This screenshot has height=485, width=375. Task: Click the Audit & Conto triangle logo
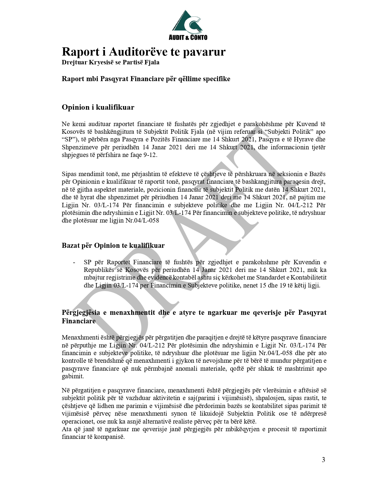[x=187, y=22]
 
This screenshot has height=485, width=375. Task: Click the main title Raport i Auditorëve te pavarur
[x=144, y=52]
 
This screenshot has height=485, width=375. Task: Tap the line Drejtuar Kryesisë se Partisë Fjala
[x=110, y=63]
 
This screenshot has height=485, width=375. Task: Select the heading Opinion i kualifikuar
[x=98, y=107]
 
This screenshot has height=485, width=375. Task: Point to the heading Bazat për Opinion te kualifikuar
[x=113, y=245]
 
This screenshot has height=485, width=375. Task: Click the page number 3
[x=324, y=460]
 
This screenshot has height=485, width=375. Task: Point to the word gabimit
[x=73, y=377]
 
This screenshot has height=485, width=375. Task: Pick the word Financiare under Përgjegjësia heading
[x=79, y=321]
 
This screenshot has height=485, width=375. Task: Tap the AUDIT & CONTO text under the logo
[x=188, y=37]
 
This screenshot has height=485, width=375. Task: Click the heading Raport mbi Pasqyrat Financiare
[x=146, y=79]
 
